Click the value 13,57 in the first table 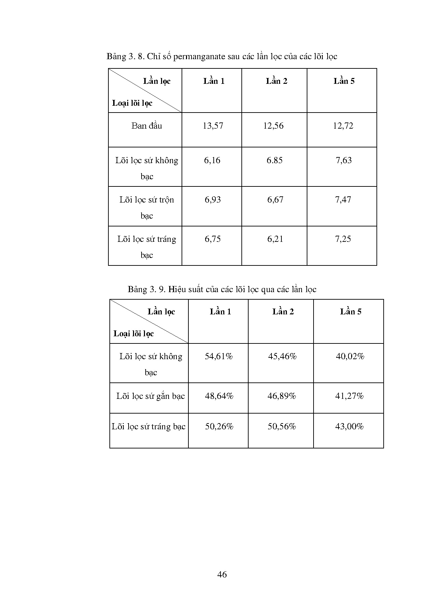click(213, 126)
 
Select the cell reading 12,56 click(273, 126)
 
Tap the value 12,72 click(343, 126)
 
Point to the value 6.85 click(275, 160)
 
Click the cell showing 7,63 click(344, 160)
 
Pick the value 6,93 click(213, 200)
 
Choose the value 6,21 click(275, 239)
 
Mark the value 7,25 click(343, 239)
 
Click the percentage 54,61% click(219, 356)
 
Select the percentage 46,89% click(282, 396)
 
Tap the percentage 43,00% click(349, 427)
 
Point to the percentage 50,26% click(219, 427)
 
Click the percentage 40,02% click(350, 356)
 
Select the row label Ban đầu click(147, 126)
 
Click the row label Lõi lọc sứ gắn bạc click(150, 396)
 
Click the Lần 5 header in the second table click(350, 312)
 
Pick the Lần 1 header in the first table click(214, 81)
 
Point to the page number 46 click(222, 575)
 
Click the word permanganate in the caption click(199, 56)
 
